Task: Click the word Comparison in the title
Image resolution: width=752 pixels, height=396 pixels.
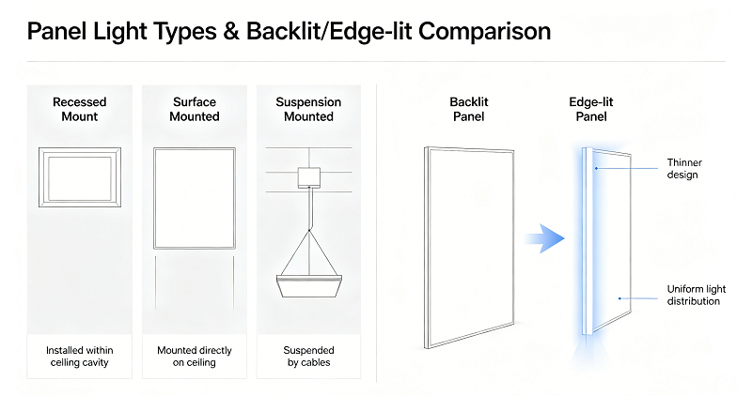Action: pos(484,32)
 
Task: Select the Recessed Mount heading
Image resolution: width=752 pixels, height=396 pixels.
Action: pos(80,109)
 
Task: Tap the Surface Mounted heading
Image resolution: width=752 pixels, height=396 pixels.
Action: pos(195,109)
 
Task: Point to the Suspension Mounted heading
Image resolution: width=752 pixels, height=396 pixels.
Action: pos(308,109)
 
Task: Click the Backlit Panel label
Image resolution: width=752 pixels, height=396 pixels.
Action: pos(468,109)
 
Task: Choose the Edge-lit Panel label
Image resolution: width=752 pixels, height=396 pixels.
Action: pos(591,109)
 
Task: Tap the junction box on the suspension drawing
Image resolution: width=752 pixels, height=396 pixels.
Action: pos(309,177)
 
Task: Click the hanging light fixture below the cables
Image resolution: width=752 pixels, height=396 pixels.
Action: pos(309,286)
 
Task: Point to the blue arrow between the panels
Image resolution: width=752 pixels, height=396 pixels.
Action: pos(544,238)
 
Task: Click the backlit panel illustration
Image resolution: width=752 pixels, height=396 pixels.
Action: pos(426,247)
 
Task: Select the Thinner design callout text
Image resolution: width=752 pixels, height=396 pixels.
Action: pos(684,169)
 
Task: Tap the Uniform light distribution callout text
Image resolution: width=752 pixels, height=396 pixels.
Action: pos(696,295)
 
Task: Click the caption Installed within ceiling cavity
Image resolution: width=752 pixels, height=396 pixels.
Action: pos(80,357)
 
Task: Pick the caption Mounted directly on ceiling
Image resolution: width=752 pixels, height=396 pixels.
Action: pos(195,357)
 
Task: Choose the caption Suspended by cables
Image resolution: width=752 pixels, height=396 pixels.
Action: pos(309,357)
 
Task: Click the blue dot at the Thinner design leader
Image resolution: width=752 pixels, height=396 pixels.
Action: pos(596,168)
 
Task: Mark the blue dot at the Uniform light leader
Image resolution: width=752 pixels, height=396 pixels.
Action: pos(619,298)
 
